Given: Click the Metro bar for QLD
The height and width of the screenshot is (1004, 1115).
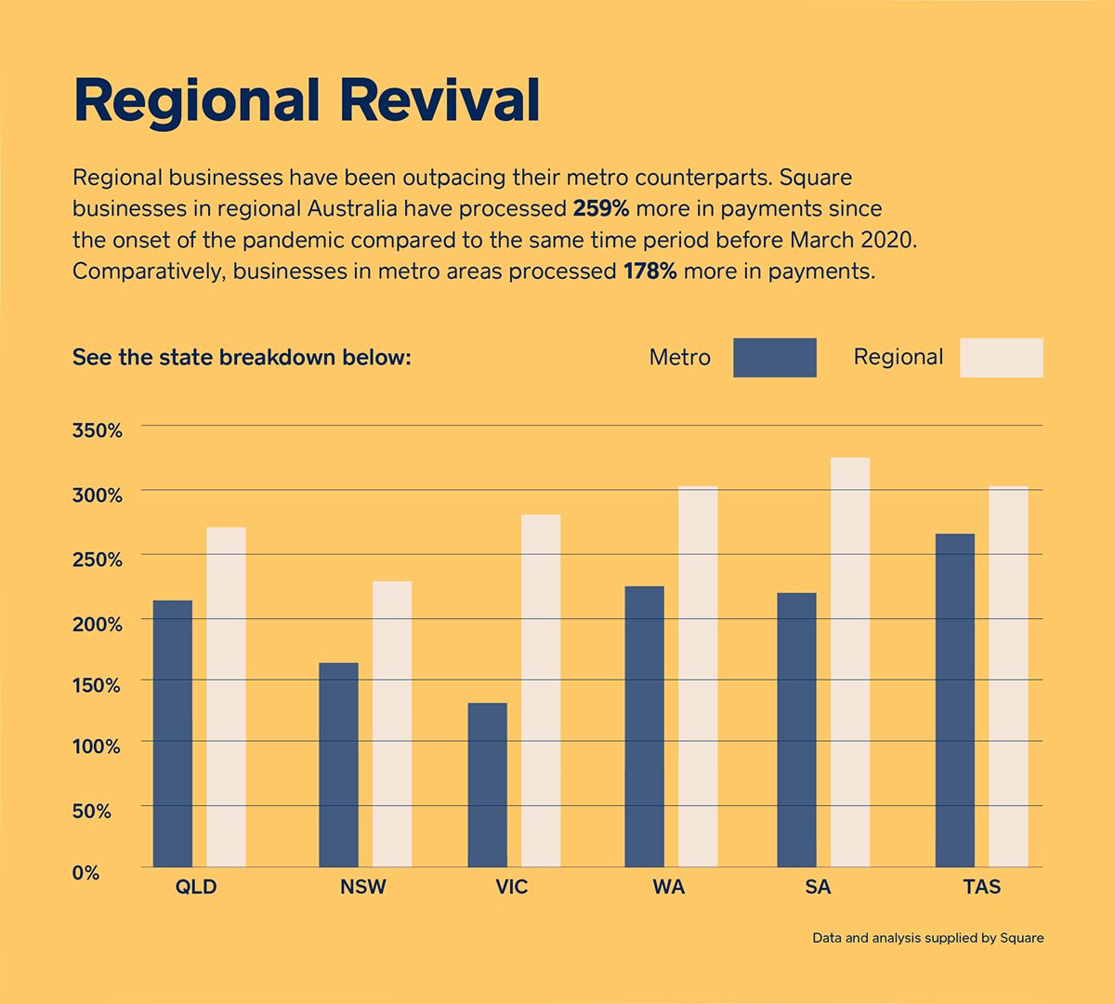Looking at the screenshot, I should (x=172, y=733).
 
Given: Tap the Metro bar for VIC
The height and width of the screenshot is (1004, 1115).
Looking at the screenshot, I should (x=487, y=785).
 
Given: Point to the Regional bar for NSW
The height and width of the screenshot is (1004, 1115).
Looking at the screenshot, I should (x=392, y=724).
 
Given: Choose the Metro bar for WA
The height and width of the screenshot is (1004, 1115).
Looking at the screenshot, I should (x=644, y=726).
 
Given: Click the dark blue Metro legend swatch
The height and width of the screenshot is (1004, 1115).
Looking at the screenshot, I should (x=774, y=358).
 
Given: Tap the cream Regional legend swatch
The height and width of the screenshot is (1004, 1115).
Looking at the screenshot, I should (x=1001, y=358).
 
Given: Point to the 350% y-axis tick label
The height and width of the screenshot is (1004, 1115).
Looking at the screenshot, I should (x=98, y=431).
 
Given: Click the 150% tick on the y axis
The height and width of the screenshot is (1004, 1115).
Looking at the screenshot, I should (x=98, y=686).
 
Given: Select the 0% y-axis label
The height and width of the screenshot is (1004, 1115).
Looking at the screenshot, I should (x=86, y=873).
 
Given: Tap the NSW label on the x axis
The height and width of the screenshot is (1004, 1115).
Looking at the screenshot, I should (x=362, y=887).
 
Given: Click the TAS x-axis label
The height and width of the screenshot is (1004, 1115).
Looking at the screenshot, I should (x=982, y=887).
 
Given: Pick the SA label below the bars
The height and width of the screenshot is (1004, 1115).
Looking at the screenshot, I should (x=819, y=887).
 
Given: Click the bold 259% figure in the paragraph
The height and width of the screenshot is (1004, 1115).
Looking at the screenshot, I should (x=600, y=208).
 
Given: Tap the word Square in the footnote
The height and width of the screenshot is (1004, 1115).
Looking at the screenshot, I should (x=1022, y=938).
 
